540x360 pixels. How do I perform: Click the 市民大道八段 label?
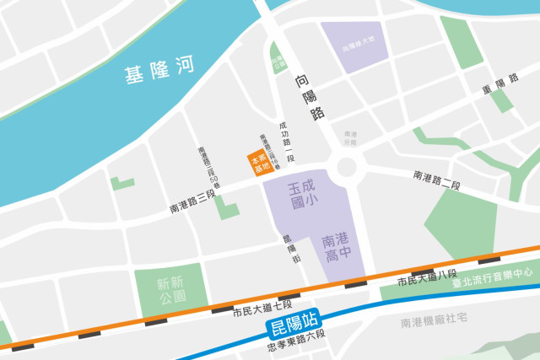coord(427,277)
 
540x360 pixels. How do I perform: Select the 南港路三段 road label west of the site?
coord(193,206)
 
